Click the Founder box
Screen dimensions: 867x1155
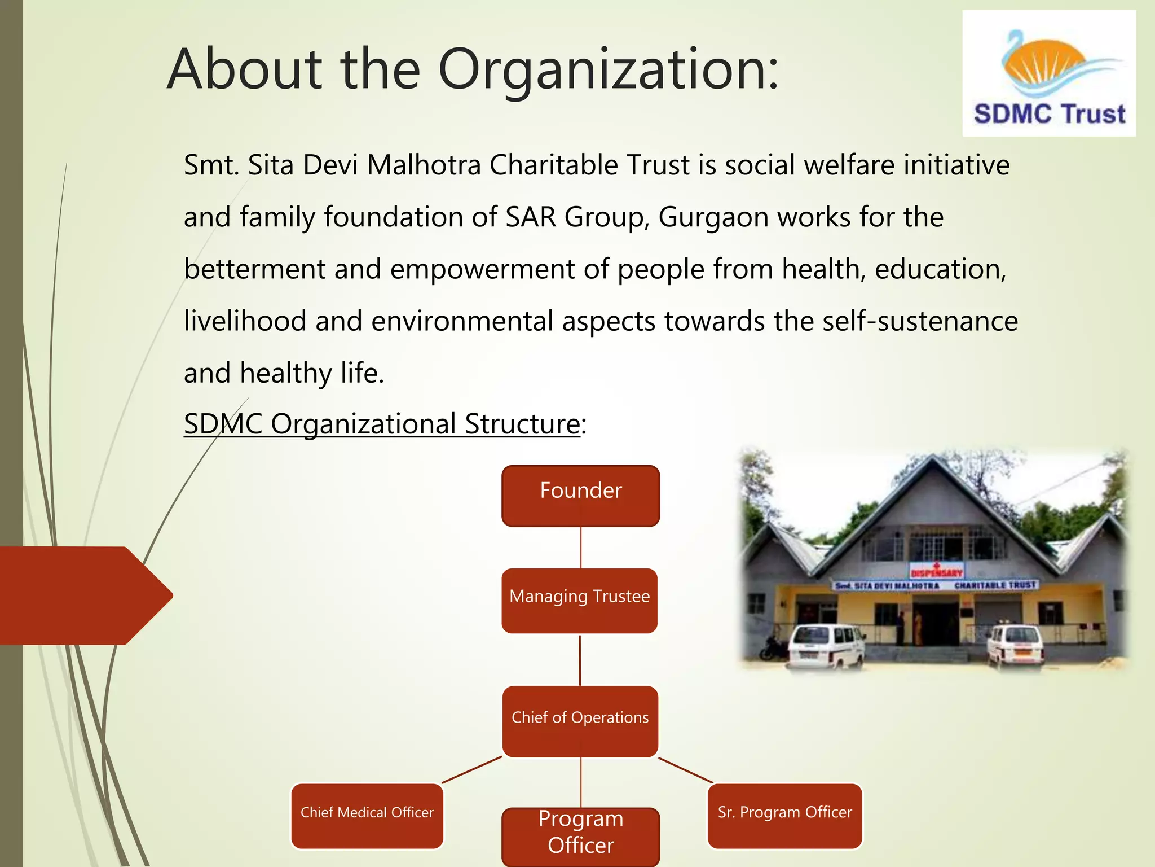tap(580, 496)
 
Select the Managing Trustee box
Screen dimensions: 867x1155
tap(579, 600)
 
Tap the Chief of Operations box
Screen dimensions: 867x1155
tap(580, 721)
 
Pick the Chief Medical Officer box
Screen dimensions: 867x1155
tap(367, 815)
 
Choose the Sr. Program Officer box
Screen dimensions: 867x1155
tap(784, 815)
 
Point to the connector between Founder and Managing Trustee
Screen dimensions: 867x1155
tap(580, 547)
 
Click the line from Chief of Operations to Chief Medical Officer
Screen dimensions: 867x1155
tap(472, 769)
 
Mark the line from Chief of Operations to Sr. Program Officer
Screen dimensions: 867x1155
tap(685, 770)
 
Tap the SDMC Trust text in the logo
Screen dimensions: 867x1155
tap(1049, 113)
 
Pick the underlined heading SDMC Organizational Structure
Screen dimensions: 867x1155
tap(381, 424)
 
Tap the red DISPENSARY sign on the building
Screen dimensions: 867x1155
tap(937, 571)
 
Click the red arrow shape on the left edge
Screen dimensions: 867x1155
tap(85, 595)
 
